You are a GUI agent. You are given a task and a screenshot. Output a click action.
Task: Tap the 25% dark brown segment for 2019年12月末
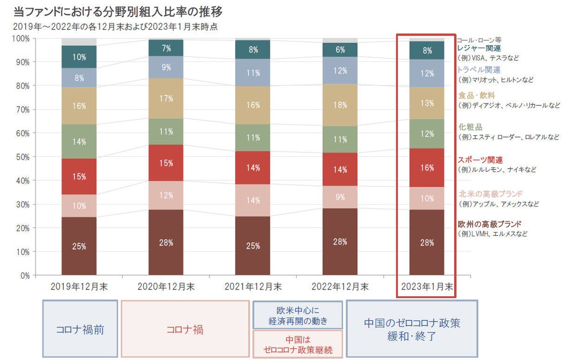click(x=79, y=246)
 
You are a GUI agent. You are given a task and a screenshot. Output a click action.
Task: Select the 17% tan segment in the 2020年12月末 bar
click(x=166, y=99)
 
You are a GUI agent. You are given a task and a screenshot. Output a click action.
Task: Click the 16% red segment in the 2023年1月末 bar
click(x=427, y=168)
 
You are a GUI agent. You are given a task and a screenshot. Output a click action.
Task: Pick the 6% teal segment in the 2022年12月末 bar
click(x=340, y=50)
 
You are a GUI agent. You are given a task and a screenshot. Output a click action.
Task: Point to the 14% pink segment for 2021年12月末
click(x=253, y=200)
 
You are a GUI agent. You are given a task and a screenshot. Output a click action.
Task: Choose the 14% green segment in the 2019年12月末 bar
click(x=79, y=141)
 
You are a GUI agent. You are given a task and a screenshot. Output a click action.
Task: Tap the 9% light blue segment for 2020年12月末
click(x=166, y=67)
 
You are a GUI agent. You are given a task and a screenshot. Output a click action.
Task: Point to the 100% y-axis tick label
click(x=21, y=38)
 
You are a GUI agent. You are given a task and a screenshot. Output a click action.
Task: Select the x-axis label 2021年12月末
click(x=253, y=287)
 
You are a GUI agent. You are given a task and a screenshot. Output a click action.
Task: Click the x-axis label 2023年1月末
click(x=427, y=287)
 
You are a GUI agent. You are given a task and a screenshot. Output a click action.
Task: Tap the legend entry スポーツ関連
click(x=480, y=160)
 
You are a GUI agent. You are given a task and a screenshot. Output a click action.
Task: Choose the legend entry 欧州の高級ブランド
click(x=489, y=224)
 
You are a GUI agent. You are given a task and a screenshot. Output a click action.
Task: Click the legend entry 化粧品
click(x=470, y=127)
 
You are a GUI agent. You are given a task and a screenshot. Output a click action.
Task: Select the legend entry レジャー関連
click(x=479, y=48)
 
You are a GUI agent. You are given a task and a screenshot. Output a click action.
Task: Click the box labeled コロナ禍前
click(x=80, y=329)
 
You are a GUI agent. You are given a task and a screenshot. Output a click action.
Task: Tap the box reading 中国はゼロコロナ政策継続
click(x=297, y=344)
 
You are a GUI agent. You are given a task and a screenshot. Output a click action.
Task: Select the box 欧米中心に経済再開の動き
click(x=297, y=315)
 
